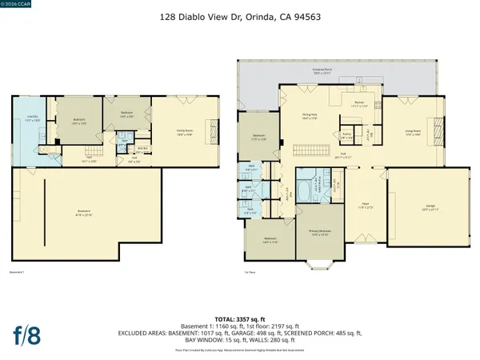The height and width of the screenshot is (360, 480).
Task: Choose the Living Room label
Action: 412,133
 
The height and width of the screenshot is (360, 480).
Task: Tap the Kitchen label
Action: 360,102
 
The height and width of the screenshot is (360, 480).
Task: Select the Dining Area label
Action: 310,118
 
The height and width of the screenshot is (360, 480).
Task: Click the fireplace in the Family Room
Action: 213,128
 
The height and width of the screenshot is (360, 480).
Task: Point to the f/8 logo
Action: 30,332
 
